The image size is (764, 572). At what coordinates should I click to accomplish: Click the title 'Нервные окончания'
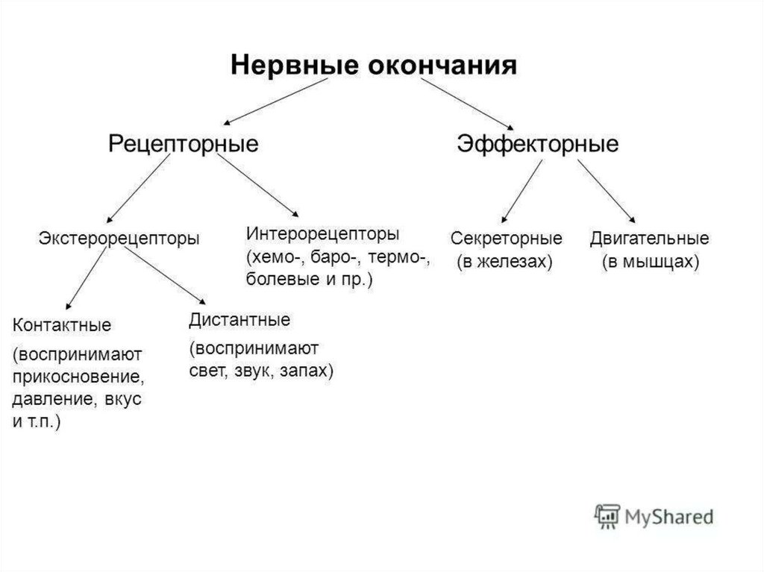[372, 65]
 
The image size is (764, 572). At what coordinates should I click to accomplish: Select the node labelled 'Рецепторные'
[184, 143]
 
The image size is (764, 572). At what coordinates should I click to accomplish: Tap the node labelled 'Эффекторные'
[537, 143]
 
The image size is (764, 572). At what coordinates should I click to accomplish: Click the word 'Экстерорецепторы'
[119, 239]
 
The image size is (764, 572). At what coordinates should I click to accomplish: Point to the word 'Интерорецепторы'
[322, 233]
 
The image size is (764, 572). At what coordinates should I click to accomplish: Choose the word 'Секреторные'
[506, 239]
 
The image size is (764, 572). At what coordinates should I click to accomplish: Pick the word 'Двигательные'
[649, 239]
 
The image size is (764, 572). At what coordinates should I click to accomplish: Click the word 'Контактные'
[62, 325]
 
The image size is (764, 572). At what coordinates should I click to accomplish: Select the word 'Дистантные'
[239, 321]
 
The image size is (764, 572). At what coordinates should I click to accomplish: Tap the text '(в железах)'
[504, 263]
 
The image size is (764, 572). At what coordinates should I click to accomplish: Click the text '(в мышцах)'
[650, 263]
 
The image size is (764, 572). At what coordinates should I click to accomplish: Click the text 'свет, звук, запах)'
[260, 371]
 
